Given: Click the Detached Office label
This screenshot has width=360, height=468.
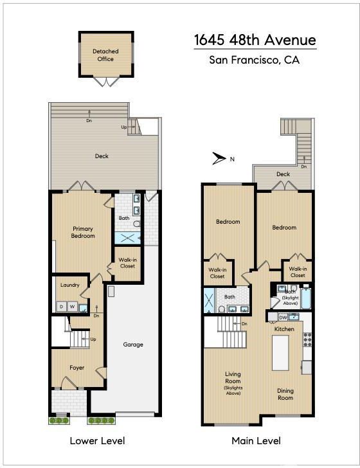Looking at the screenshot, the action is [105, 55].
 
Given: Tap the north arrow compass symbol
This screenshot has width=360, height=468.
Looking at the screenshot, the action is [219, 159].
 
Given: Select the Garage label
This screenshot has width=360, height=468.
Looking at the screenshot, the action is [133, 345].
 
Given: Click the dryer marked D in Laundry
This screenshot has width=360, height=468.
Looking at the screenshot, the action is [62, 307].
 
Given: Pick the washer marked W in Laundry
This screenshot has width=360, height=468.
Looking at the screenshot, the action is [72, 307].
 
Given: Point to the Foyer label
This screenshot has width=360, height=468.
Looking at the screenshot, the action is [76, 368].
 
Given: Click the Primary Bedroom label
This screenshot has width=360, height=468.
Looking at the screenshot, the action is [83, 232].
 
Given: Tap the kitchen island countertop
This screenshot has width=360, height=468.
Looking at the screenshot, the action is [280, 352].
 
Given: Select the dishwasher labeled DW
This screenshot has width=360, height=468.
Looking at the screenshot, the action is [283, 318].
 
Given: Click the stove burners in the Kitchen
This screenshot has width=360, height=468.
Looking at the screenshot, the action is [307, 339].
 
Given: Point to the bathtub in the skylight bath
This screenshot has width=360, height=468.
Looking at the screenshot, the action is [305, 298].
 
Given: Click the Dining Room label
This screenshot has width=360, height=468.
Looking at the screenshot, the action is [285, 394].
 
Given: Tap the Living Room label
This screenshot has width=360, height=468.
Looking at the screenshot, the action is [233, 377].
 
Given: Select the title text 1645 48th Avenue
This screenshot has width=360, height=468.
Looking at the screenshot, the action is [255, 40].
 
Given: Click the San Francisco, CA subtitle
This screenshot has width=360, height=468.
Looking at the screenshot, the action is [255, 60].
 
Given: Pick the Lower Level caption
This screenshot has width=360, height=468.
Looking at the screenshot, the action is [97, 441].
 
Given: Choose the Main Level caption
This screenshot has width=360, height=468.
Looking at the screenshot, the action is [256, 441].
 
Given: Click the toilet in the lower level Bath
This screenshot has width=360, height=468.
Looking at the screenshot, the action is [137, 224].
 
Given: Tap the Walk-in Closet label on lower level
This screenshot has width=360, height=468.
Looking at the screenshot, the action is [128, 263].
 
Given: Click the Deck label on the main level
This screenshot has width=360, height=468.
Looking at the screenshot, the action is [283, 174].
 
